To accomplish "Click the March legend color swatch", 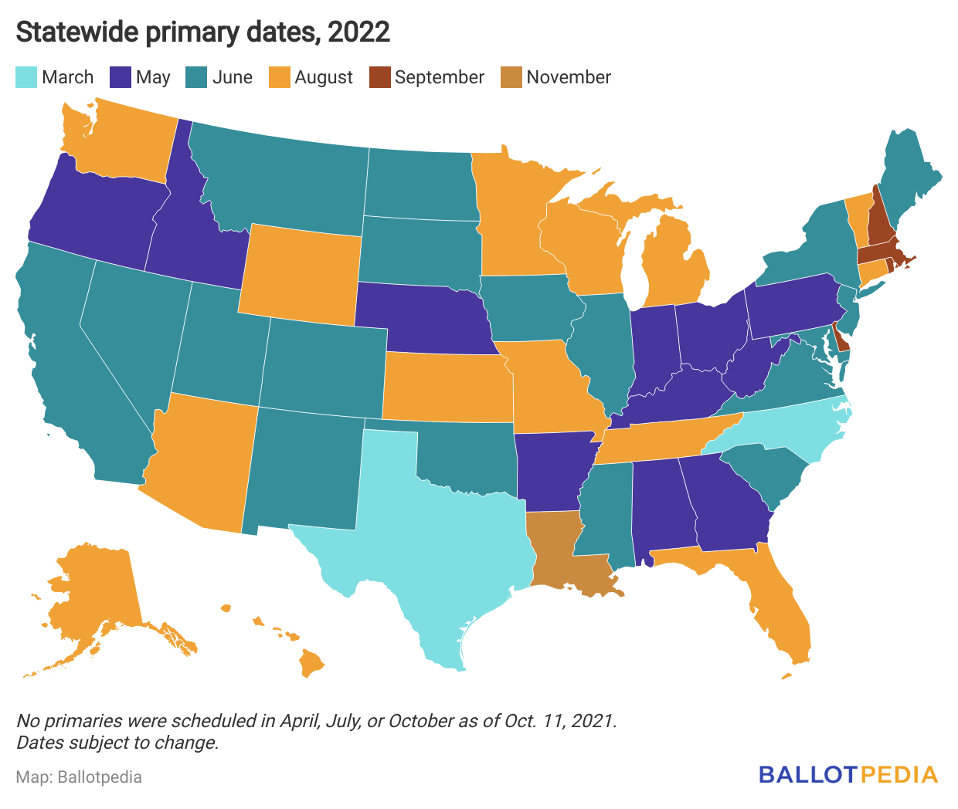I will [x=25, y=77].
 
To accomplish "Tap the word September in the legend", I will [x=439, y=77].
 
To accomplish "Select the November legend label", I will [x=569, y=77].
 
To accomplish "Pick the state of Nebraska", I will [x=425, y=316].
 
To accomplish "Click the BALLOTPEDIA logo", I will [x=848, y=774].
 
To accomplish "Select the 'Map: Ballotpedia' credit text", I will [x=79, y=777].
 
